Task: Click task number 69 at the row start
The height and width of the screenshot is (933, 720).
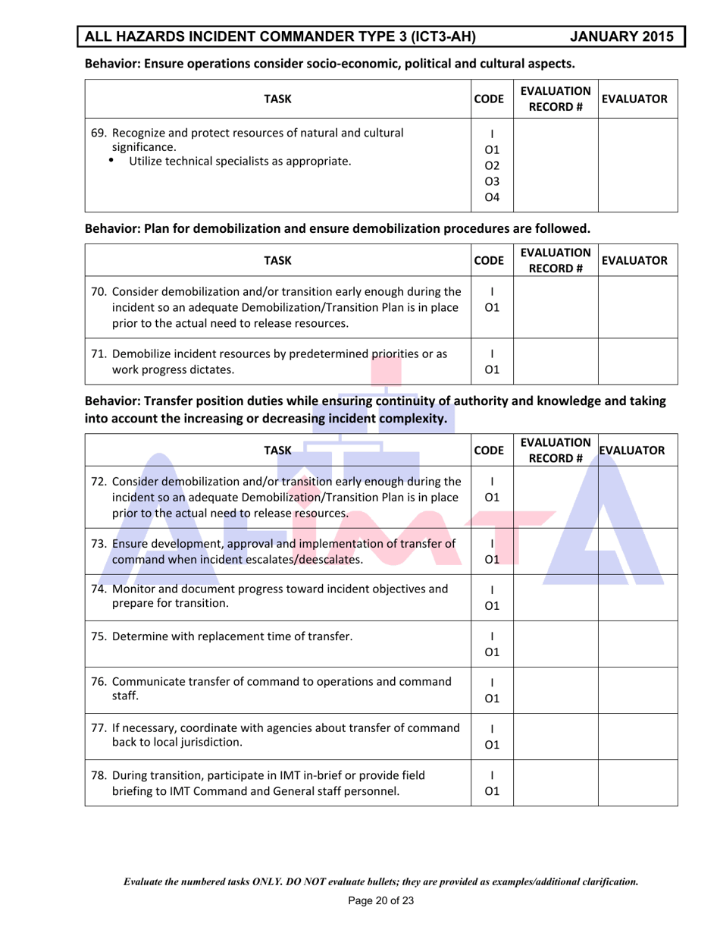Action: click(99, 134)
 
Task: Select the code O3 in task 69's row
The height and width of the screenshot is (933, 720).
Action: click(492, 181)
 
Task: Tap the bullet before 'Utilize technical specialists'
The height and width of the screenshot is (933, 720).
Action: click(113, 161)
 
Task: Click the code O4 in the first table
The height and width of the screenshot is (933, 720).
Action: click(492, 198)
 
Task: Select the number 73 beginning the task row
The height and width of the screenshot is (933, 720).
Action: click(99, 543)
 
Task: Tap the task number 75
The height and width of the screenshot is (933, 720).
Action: click(99, 636)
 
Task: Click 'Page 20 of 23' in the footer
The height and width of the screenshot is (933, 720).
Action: click(380, 901)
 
